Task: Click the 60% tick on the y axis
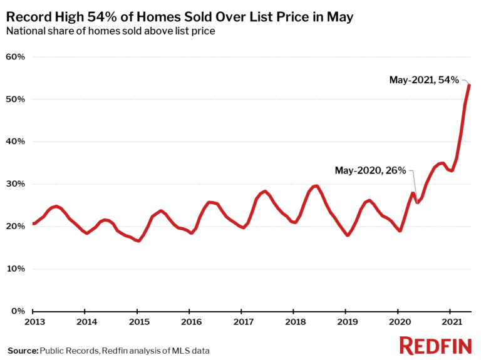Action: coord(15,57)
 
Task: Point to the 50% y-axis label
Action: coord(15,100)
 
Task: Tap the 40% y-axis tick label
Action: coord(15,141)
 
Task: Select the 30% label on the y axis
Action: coord(15,184)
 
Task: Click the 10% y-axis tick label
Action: coord(15,269)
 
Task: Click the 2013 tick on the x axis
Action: coord(34,322)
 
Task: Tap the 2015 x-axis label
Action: coord(138,322)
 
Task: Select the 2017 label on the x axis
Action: coord(243,322)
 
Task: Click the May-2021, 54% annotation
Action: coord(424,80)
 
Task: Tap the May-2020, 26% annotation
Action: coord(371,170)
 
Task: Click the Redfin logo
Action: coord(435,345)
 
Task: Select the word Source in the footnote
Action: coord(23,349)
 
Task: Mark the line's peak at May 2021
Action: coord(470,85)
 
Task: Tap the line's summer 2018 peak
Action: coord(316,185)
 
